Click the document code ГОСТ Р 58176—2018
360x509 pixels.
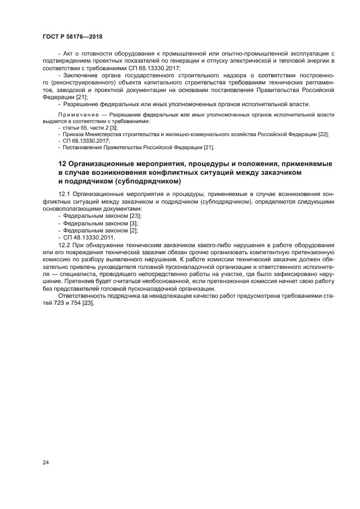(x=72, y=36)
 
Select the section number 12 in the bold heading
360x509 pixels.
(x=62, y=164)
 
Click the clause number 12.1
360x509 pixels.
(x=64, y=193)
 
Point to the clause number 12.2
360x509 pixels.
(x=64, y=246)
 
